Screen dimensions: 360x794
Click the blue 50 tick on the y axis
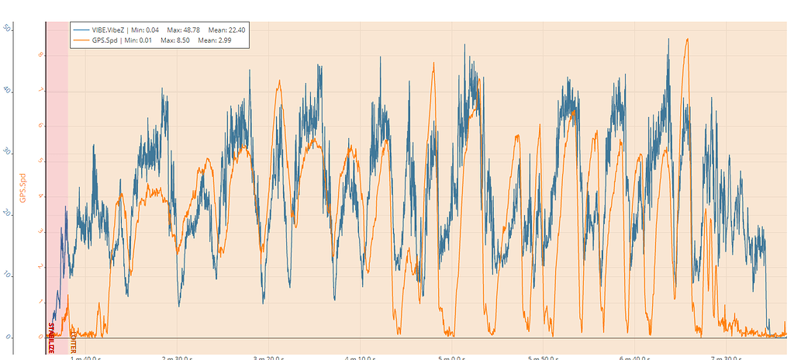click(7, 28)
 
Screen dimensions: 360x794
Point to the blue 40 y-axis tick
click(7, 90)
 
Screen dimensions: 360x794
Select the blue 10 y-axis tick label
click(7, 275)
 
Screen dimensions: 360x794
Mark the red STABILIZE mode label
click(51, 337)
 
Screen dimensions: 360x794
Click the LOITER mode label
click(73, 338)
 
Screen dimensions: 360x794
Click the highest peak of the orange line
click(686, 39)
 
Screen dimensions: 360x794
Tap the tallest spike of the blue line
click(668, 39)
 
